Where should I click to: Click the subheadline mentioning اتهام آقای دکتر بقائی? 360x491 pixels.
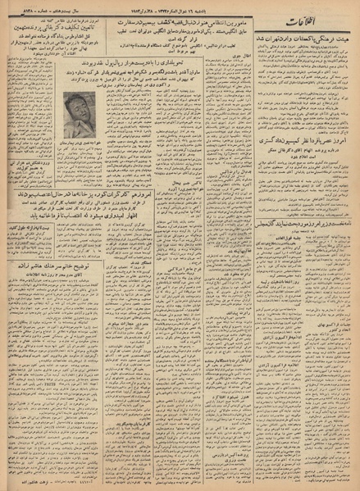coord(299,189)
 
